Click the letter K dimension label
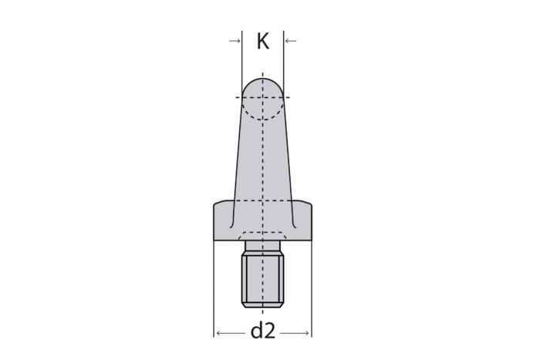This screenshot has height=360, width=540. [x=263, y=42]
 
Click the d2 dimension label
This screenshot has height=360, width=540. [x=263, y=331]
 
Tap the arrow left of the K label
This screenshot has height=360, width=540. [x=235, y=41]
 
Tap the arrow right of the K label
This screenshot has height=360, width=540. [x=291, y=41]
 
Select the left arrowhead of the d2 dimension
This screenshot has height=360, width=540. [x=218, y=333]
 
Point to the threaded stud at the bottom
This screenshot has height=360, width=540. [x=263, y=279]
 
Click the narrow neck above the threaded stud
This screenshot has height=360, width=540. [x=263, y=246]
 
